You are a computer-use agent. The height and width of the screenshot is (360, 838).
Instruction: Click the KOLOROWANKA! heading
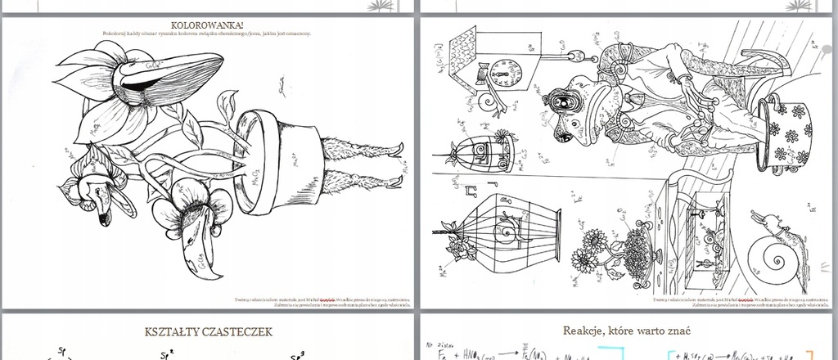tap(208, 25)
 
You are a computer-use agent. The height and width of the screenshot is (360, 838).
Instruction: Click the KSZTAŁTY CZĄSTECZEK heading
tap(208, 332)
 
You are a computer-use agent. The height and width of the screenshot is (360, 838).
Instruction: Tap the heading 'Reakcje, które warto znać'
tap(627, 331)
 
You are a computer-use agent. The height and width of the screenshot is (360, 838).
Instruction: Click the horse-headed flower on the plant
tap(94, 189)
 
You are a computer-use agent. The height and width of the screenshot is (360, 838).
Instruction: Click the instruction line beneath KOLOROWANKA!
tap(208, 34)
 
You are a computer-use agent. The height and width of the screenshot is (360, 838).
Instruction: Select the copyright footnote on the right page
tap(736, 300)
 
